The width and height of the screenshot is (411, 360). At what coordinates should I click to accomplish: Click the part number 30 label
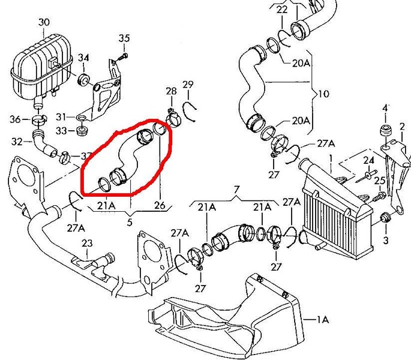pyautogui.click(x=43, y=23)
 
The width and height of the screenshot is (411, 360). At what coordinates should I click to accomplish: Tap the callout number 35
pyautogui.click(x=124, y=39)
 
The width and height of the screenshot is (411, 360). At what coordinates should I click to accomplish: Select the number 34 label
pyautogui.click(x=83, y=58)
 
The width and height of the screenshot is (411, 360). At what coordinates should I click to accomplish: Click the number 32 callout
pyautogui.click(x=17, y=142)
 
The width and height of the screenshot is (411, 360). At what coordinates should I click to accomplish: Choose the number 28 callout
pyautogui.click(x=171, y=91)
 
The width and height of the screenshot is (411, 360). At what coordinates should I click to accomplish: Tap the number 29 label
pyautogui.click(x=187, y=84)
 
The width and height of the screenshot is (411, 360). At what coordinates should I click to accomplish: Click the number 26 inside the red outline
pyautogui.click(x=159, y=205)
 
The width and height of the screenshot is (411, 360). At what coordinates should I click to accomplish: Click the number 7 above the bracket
pyautogui.click(x=236, y=190)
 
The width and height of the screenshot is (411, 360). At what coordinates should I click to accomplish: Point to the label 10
pyautogui.click(x=325, y=94)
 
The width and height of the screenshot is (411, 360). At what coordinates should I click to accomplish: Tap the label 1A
pyautogui.click(x=323, y=320)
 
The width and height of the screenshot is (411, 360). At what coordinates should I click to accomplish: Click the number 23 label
pyautogui.click(x=88, y=244)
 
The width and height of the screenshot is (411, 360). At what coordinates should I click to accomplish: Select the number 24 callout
pyautogui.click(x=368, y=160)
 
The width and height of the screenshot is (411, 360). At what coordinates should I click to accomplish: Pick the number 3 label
pyautogui.click(x=386, y=239)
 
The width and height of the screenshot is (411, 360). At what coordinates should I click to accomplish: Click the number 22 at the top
pyautogui.click(x=282, y=10)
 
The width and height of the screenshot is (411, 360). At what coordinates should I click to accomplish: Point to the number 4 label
pyautogui.click(x=385, y=108)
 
